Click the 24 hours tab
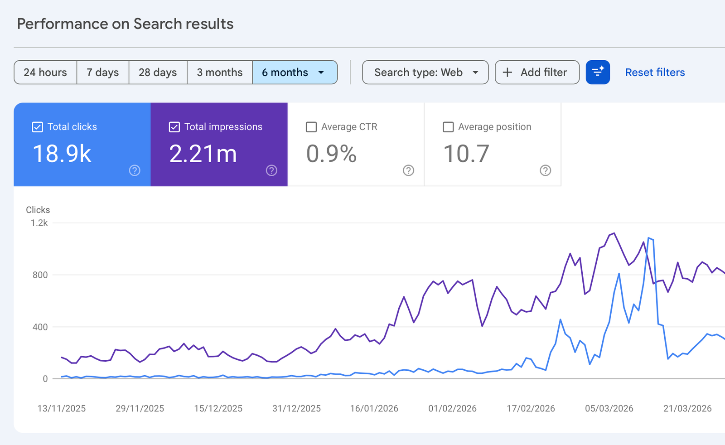[x=45, y=72]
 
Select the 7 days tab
[x=102, y=72]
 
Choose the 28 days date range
[x=158, y=72]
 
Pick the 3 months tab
[x=220, y=72]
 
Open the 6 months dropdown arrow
[x=321, y=73]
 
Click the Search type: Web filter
[x=425, y=72]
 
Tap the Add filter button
[x=537, y=72]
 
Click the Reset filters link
[x=655, y=72]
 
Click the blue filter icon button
[x=598, y=72]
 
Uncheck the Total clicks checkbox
[x=37, y=127]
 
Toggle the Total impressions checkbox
[x=174, y=127]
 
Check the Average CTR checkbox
[x=311, y=127]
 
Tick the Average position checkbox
[x=448, y=127]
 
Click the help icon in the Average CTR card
[x=408, y=170]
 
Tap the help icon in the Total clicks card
[x=135, y=170]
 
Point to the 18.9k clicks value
[x=62, y=154]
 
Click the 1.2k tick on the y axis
[x=39, y=222]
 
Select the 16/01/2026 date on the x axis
[x=374, y=408]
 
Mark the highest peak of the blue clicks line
[x=648, y=238]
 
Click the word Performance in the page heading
[x=63, y=24]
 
